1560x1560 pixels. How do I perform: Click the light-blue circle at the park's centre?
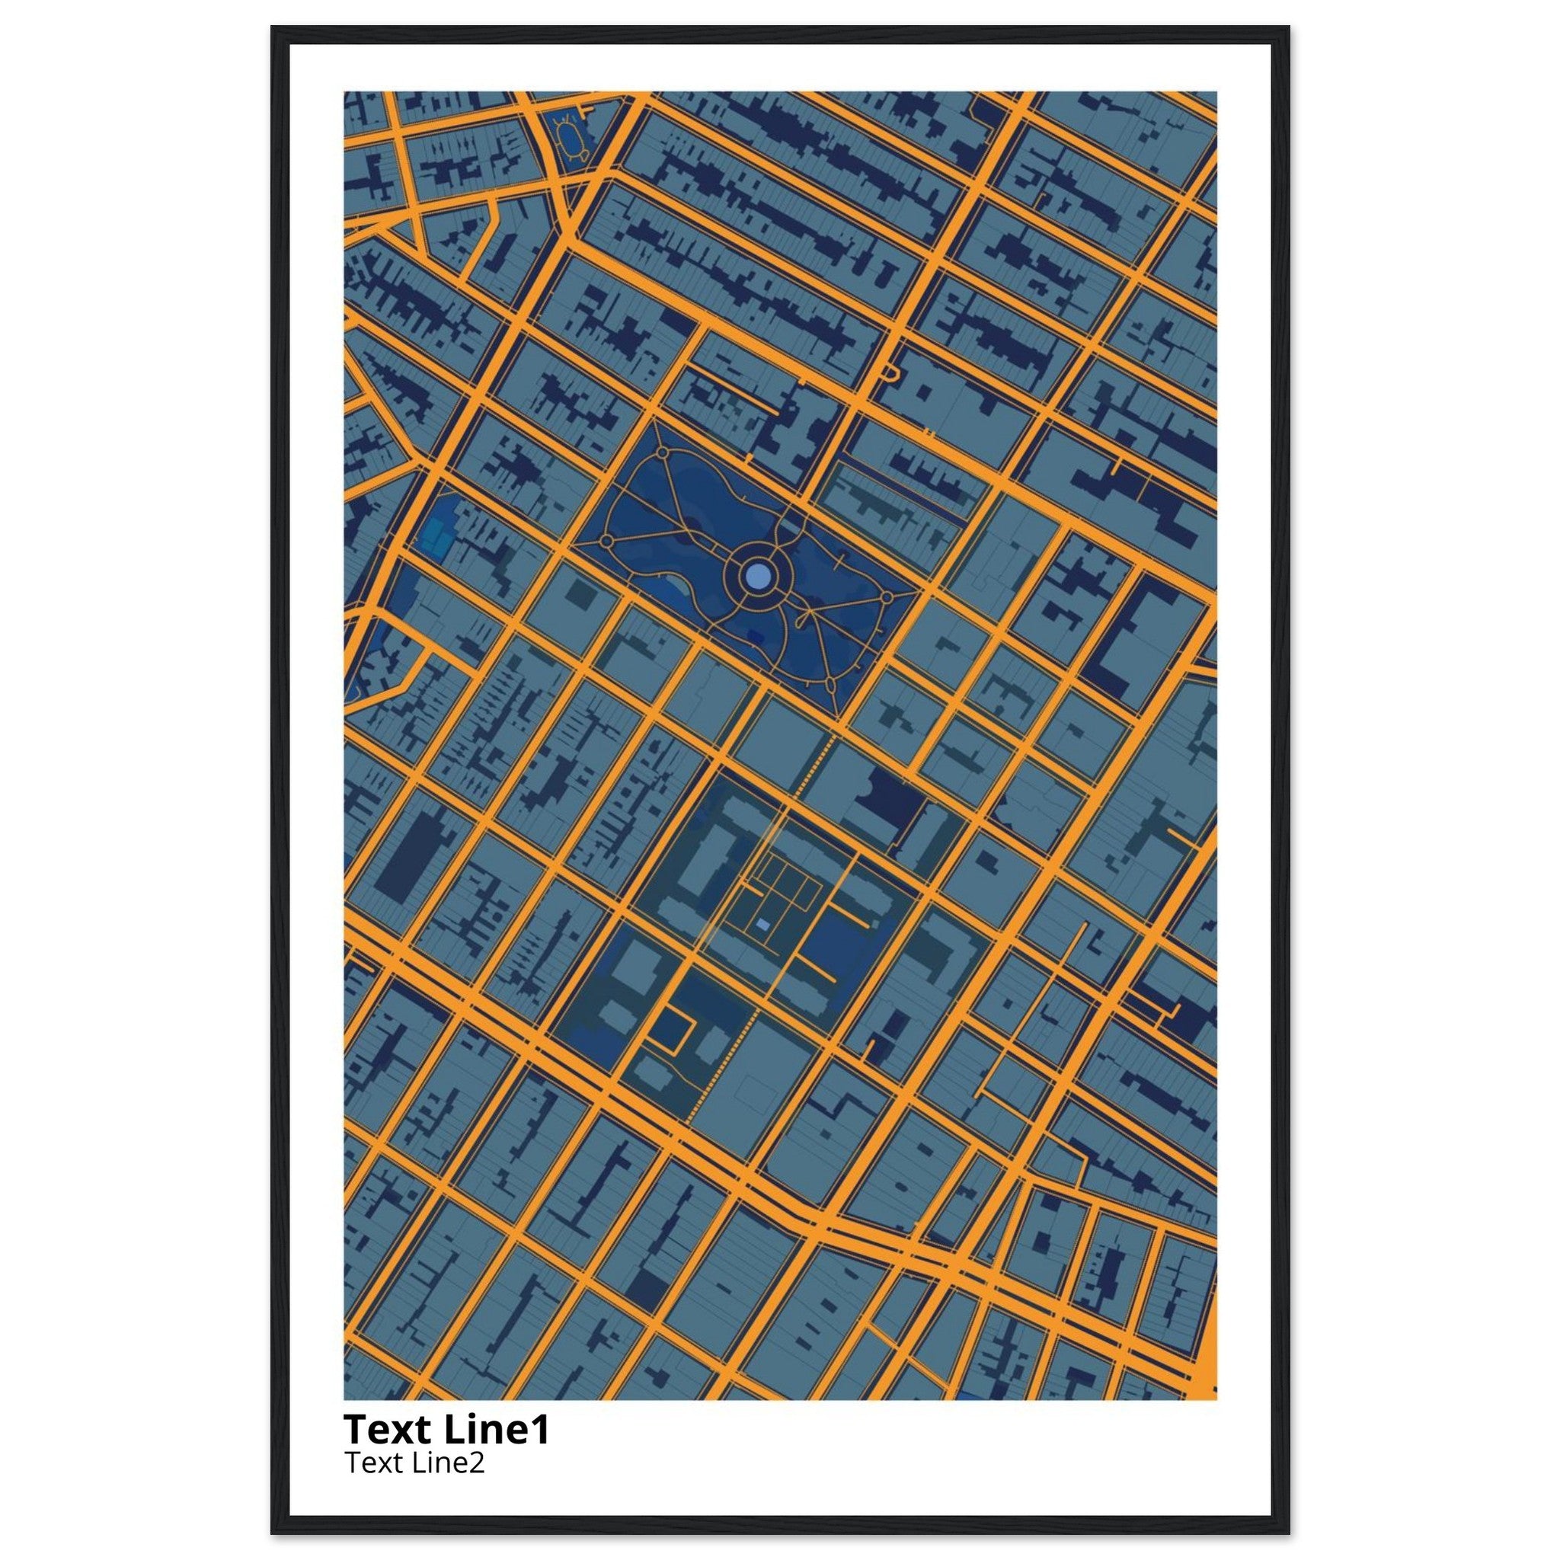tap(757, 576)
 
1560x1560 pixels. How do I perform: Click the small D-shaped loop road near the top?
tap(890, 372)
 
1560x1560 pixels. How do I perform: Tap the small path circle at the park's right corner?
tap(886, 597)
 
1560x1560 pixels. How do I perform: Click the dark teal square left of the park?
tap(580, 595)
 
